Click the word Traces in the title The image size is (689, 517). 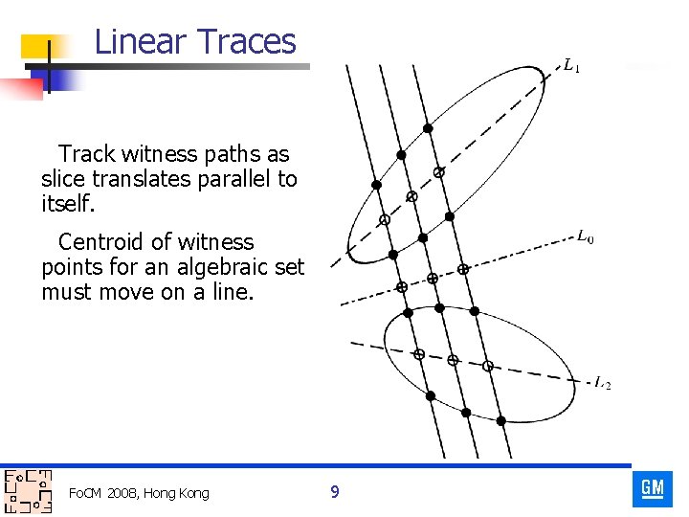coord(247,42)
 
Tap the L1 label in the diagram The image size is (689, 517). coord(571,66)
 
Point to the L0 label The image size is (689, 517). coord(585,236)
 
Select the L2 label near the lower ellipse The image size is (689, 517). coord(603,384)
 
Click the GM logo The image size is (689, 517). coord(653,489)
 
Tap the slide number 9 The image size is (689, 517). coord(334,492)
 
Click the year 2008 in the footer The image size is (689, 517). coord(122,493)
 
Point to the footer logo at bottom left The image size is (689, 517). coord(28,492)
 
